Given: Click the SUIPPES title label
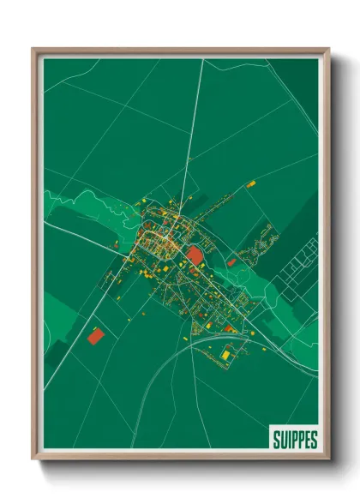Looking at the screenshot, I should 294,440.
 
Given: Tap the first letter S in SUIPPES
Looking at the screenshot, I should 276,440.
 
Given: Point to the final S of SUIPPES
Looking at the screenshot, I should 313,440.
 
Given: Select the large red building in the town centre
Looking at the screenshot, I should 195,255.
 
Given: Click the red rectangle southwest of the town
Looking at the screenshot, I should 95,334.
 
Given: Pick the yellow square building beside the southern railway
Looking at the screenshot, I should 226,354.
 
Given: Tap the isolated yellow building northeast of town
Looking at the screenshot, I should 250,183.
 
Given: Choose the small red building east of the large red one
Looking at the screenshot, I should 231,262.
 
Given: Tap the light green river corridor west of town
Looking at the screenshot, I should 77,206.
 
